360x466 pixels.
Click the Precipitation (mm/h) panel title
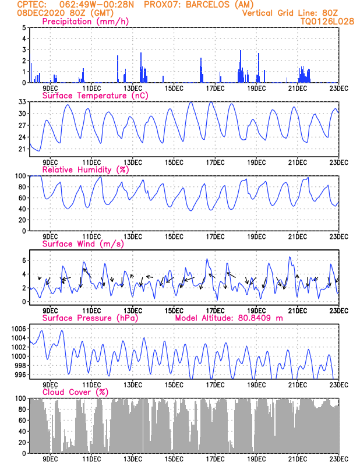point(86,22)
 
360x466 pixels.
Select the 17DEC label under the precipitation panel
point(216,88)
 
